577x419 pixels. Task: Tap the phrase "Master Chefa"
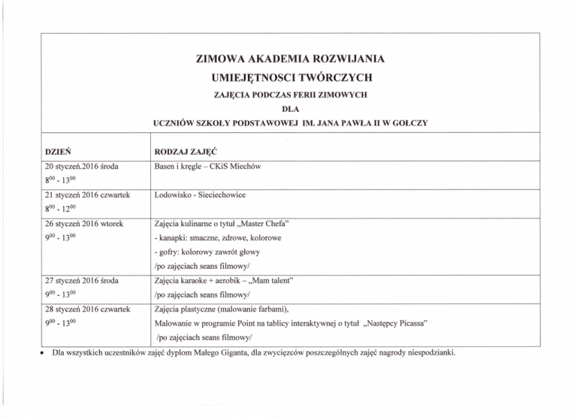click(268, 224)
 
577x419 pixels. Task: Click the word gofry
click(169, 252)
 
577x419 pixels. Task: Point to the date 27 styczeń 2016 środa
click(82, 280)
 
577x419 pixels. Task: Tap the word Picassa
click(406, 324)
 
